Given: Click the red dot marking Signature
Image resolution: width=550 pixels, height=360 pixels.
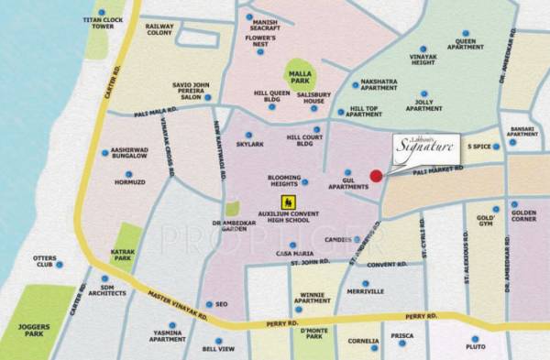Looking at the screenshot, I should (375, 176).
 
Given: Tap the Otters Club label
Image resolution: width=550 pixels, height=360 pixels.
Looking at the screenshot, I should (45, 263).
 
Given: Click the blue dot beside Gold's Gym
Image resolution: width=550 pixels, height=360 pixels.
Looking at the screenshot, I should (496, 209).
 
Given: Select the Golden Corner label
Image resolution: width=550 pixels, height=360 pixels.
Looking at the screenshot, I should (525, 216).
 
